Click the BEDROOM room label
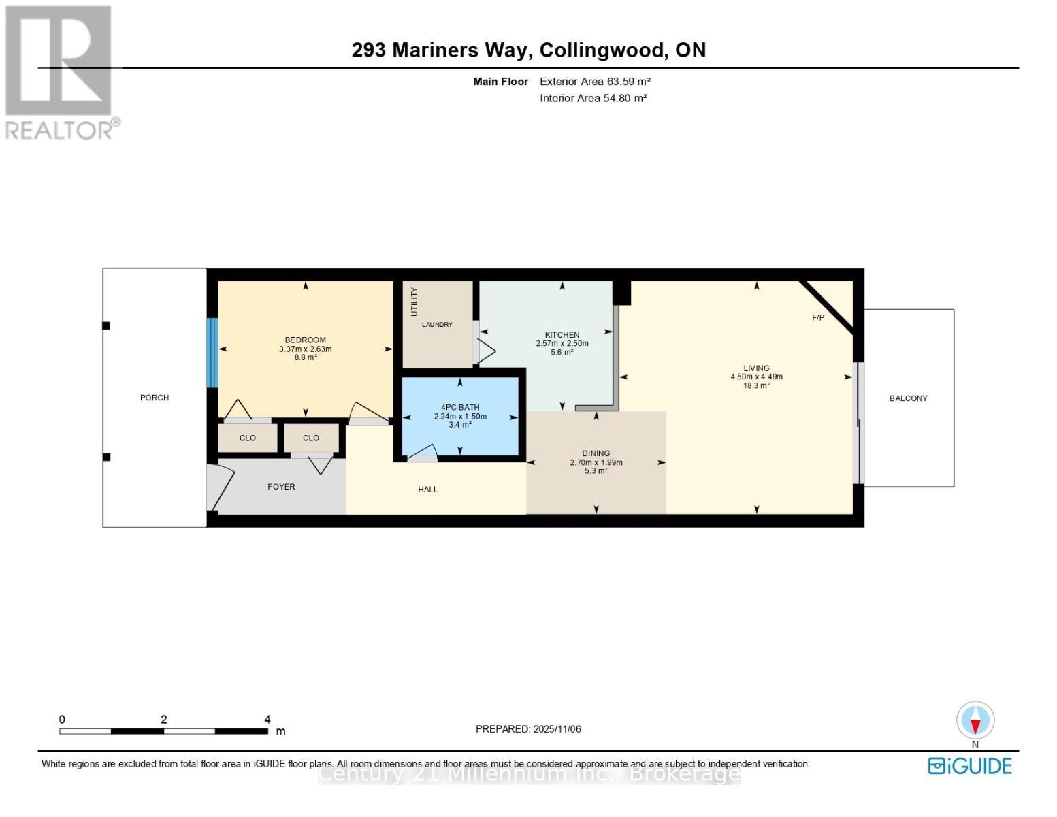(x=305, y=340)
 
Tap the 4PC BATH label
(x=460, y=407)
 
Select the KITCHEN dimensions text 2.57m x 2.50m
(x=562, y=344)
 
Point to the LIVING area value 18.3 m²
(x=756, y=385)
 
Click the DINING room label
(x=596, y=453)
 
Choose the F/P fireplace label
(x=818, y=318)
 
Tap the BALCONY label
(x=908, y=398)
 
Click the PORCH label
(x=155, y=398)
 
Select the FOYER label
(x=281, y=487)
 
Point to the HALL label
(x=427, y=490)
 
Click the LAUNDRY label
(x=437, y=325)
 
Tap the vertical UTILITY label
(x=414, y=302)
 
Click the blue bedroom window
(x=212, y=353)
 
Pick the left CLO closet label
(x=248, y=438)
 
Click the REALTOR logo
(x=60, y=72)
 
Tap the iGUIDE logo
(x=970, y=766)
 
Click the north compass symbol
(x=975, y=720)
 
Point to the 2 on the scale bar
(x=164, y=720)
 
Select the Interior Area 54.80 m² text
(x=593, y=98)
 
